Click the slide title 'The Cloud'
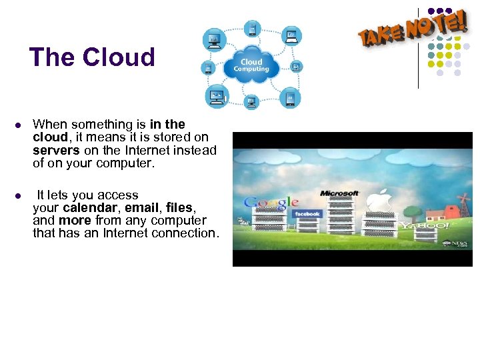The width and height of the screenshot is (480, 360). (x=92, y=57)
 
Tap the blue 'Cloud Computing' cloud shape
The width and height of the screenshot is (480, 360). (x=251, y=65)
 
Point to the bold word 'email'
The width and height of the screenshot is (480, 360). (x=143, y=208)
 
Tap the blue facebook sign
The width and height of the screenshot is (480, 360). (x=307, y=214)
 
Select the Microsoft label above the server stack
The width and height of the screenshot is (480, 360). (x=339, y=193)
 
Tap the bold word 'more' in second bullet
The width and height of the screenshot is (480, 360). (x=75, y=221)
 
